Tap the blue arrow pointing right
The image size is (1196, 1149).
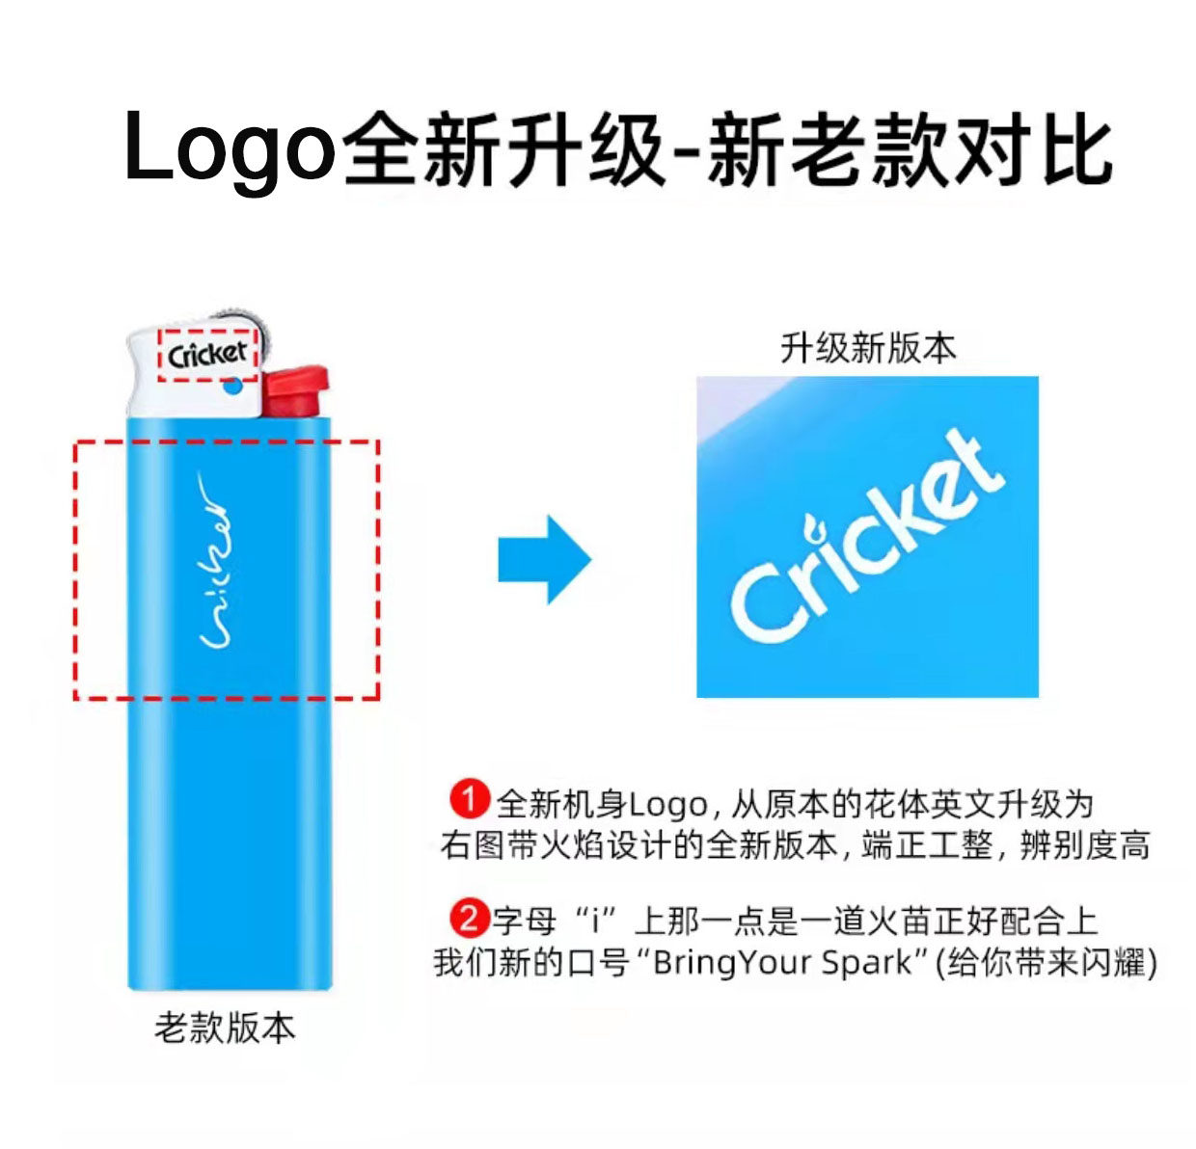(544, 559)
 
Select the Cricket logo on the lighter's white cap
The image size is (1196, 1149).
(207, 355)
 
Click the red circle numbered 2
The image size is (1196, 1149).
(469, 917)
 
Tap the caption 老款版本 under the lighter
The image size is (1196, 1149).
(225, 1028)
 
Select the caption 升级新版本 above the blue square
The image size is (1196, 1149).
(867, 348)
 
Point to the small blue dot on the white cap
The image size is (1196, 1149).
(231, 388)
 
